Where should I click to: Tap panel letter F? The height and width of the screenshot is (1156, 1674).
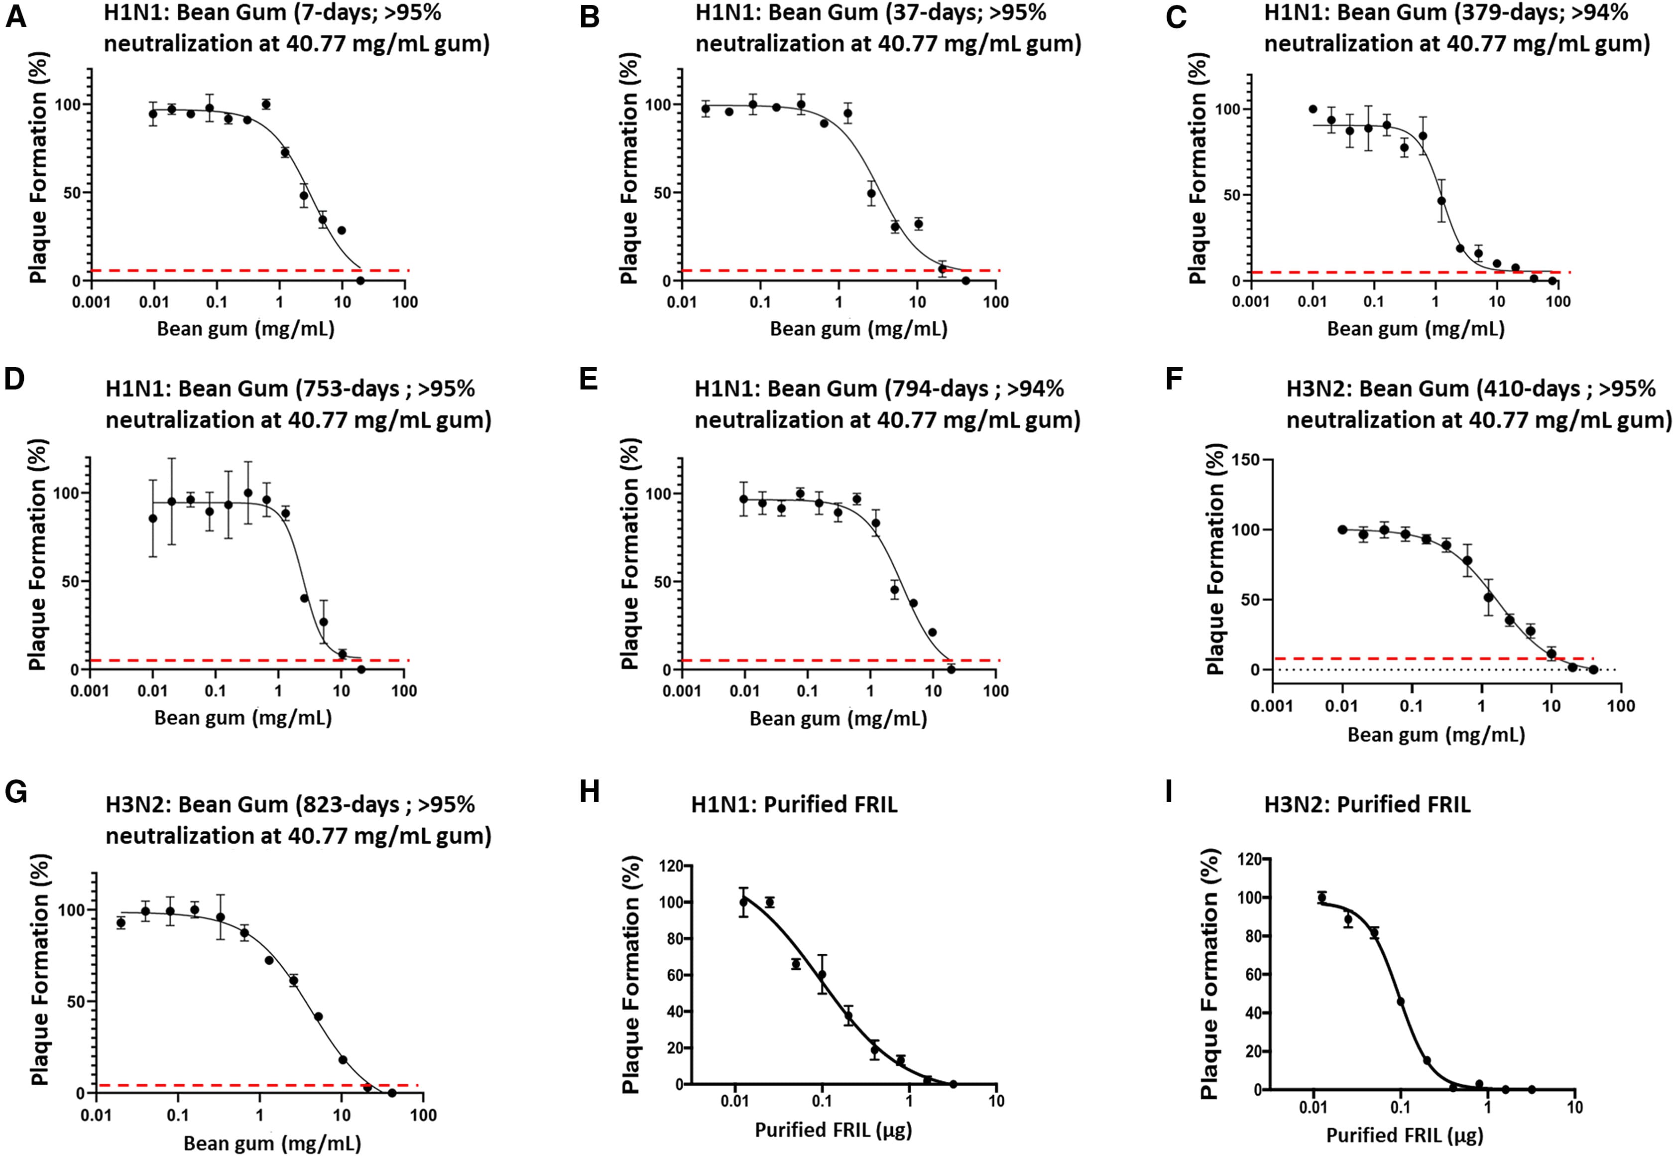[1175, 380]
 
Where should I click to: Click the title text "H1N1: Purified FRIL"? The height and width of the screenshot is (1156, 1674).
[794, 805]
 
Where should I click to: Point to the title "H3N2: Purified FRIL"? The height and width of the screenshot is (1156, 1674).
[1367, 805]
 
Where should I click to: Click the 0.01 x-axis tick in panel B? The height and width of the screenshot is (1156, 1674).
[681, 302]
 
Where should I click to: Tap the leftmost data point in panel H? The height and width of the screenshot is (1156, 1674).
[743, 902]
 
